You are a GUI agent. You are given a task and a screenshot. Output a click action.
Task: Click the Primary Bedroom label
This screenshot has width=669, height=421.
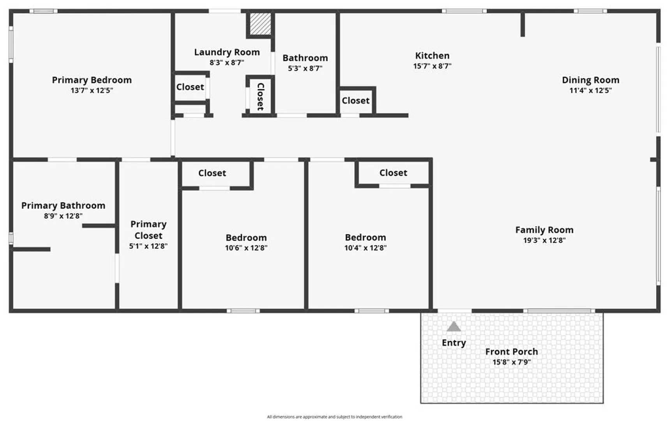pos(92,80)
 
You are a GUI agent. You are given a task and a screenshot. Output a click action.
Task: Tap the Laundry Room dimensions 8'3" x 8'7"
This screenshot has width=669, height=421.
pos(227,62)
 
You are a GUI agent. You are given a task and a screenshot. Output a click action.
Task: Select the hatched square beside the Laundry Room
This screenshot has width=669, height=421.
pos(260,24)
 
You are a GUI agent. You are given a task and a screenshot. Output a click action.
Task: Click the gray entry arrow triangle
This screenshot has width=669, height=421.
pos(454,327)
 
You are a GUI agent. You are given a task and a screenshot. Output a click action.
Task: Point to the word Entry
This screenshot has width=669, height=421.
pos(454,343)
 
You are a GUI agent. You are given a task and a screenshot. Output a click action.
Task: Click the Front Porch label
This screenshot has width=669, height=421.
pos(511,352)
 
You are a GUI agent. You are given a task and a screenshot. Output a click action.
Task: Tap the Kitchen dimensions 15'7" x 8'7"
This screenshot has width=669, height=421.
pos(432,66)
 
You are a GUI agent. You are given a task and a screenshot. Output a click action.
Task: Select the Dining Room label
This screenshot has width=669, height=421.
pos(590,80)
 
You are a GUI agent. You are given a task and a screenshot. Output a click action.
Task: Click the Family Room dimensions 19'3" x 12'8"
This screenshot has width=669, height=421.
pos(544,240)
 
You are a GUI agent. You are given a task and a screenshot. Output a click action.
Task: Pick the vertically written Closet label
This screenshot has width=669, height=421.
pos(260,96)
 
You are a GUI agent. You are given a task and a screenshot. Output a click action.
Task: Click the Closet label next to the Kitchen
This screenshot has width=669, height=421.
pos(355,101)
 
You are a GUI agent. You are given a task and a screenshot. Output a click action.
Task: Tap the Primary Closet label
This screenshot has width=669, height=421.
pos(148,230)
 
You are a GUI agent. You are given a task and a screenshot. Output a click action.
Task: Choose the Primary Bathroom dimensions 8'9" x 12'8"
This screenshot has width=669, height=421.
pos(63,216)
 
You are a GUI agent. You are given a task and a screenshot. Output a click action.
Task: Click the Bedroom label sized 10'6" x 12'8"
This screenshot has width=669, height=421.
pos(246,237)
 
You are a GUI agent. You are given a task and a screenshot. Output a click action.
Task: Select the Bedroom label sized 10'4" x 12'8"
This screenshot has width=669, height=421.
pos(365,237)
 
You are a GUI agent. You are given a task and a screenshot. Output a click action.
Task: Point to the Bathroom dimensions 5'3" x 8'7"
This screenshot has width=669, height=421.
pos(305,68)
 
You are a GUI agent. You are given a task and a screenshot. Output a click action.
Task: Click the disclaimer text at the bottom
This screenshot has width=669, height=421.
pos(334,417)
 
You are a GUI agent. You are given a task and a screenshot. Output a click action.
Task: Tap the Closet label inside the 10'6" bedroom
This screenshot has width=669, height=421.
pos(212,173)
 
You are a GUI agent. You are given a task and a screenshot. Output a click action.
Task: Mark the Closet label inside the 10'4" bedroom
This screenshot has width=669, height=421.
pos(393,173)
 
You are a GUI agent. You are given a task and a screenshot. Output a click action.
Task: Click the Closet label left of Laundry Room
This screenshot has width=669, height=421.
pos(190,87)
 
